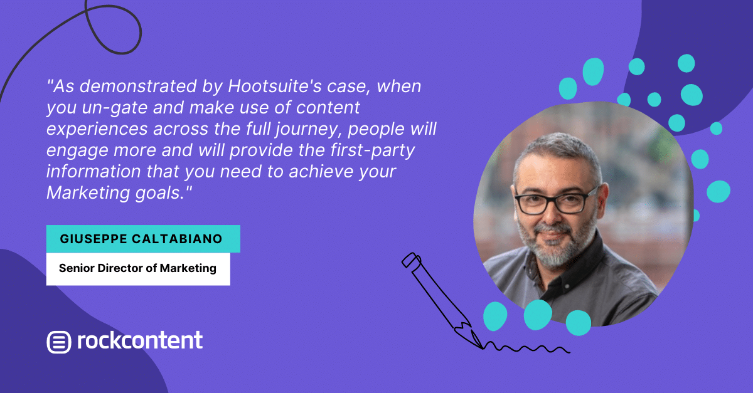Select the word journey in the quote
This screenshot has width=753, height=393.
306,129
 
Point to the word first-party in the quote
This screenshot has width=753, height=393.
373,150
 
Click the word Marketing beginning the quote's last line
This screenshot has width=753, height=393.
88,193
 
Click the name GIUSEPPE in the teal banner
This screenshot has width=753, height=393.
93,239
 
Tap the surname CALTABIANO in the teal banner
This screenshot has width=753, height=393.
177,239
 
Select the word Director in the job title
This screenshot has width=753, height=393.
120,268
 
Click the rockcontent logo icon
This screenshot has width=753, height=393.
59,342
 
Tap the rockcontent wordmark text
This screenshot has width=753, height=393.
140,340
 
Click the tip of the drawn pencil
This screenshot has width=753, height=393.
483,348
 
